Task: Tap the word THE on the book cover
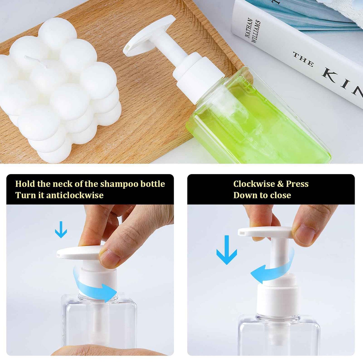(x=303, y=59)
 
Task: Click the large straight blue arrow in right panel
(x=227, y=250)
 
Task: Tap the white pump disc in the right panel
(x=264, y=232)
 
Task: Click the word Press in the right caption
(x=297, y=184)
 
